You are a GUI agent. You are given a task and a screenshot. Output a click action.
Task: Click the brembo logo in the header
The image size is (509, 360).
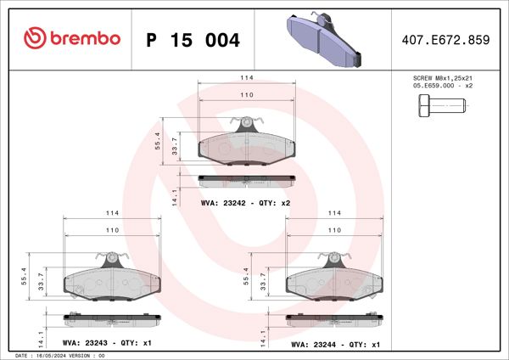(x=72, y=38)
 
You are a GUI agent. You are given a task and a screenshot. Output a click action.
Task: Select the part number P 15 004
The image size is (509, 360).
(x=193, y=40)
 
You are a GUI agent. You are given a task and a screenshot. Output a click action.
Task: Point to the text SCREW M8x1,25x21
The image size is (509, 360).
(x=442, y=77)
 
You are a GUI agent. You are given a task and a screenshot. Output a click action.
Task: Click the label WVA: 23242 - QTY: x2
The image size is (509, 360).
(x=245, y=204)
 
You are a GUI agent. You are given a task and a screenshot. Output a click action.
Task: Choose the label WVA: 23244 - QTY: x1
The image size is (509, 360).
(x=335, y=344)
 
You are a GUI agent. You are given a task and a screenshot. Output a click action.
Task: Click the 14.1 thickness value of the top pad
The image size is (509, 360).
(x=174, y=197)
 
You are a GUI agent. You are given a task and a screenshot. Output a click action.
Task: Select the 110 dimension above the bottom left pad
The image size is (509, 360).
(x=110, y=230)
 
